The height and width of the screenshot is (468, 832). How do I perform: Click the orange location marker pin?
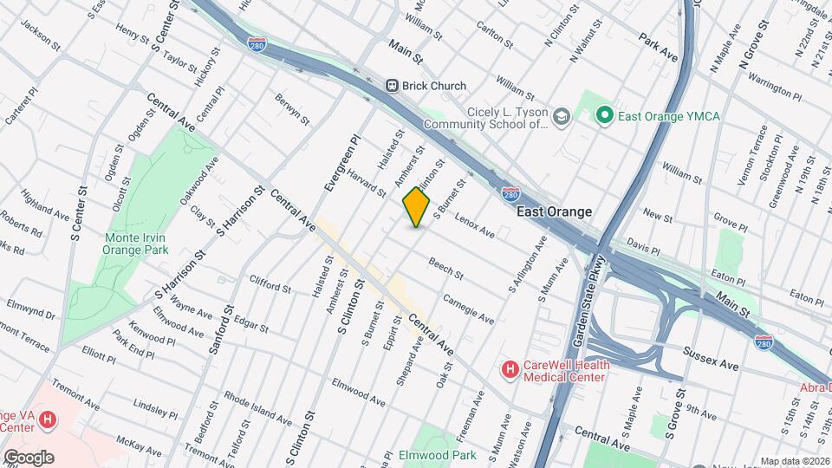pyautogui.click(x=417, y=208)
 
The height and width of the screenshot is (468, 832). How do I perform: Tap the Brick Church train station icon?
pyautogui.click(x=392, y=86)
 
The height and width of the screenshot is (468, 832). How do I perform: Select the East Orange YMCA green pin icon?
pyautogui.click(x=604, y=114)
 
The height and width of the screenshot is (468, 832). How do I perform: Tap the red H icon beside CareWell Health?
pyautogui.click(x=510, y=370)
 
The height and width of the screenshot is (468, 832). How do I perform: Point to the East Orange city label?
pyautogui.click(x=554, y=211)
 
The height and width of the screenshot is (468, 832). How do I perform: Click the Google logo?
pyautogui.click(x=28, y=457)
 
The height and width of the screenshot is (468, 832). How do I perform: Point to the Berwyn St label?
pyautogui.click(x=293, y=109)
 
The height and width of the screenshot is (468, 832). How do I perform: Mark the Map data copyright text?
pyautogui.click(x=795, y=461)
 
